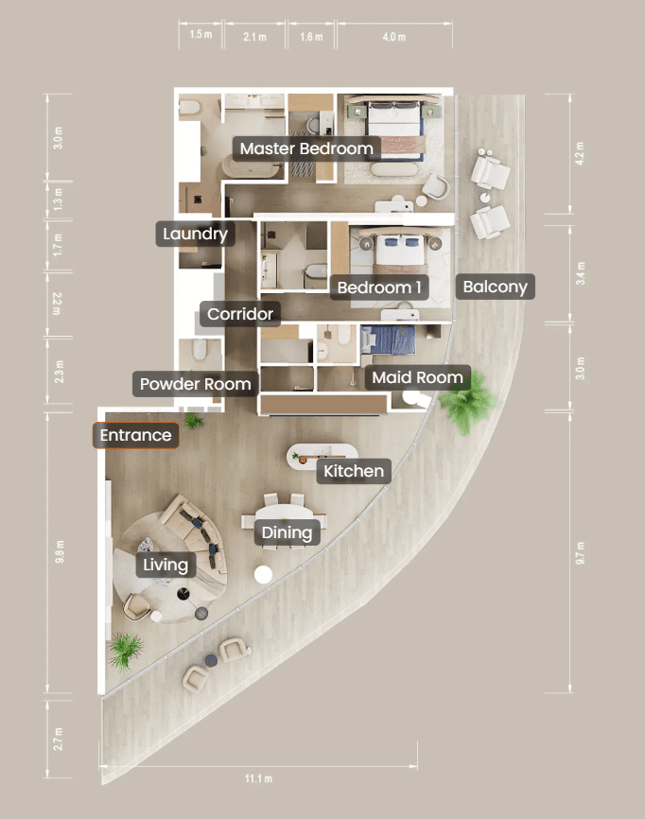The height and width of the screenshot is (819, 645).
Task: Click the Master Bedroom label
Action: point(306,148)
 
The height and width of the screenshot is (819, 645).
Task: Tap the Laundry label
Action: point(196,234)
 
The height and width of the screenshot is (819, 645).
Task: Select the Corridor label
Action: point(240,314)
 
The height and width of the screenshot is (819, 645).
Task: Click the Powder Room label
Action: point(196,384)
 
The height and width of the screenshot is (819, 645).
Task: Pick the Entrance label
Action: point(136,435)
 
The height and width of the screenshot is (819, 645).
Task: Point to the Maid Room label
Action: point(417,377)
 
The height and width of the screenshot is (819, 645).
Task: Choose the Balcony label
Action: point(496,287)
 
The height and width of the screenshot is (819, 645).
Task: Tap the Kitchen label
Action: point(354,471)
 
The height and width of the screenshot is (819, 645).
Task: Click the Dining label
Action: point(287,532)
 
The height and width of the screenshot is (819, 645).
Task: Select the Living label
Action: point(166,565)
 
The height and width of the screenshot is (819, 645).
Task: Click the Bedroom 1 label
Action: point(379,288)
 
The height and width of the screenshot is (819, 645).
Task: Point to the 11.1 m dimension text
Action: point(258,778)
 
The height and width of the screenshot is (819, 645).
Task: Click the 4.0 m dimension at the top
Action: point(393,37)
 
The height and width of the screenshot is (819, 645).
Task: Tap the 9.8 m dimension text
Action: point(60,552)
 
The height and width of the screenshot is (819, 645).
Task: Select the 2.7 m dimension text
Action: point(58,739)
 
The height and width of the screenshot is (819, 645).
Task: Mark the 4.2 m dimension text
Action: point(580,153)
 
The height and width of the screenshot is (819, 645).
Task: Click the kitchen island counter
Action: point(322,456)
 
